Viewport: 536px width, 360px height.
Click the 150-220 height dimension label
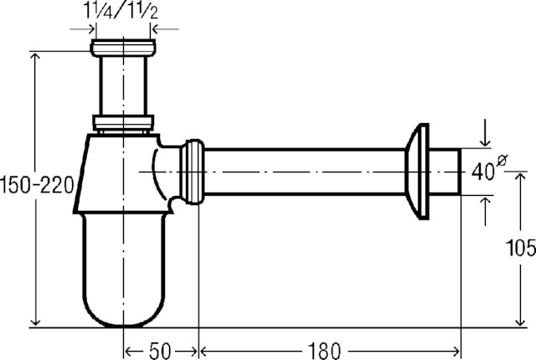click(37, 186)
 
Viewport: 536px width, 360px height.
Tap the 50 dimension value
click(160, 351)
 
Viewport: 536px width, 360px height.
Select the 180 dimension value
click(324, 351)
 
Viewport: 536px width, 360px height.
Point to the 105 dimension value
click(521, 248)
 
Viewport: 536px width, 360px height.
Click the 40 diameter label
click(482, 172)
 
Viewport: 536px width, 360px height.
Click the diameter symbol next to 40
click(502, 160)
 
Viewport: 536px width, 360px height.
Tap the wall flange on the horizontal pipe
click(417, 172)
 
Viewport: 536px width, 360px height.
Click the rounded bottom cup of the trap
click(125, 270)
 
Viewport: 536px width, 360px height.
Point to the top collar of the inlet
click(123, 49)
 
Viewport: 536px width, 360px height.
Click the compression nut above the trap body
click(123, 123)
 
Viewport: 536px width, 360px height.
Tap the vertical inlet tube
click(123, 85)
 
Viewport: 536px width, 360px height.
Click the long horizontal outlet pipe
click(305, 172)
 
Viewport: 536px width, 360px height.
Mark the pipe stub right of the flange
click(445, 172)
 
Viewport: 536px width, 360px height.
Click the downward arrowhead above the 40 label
click(485, 141)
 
